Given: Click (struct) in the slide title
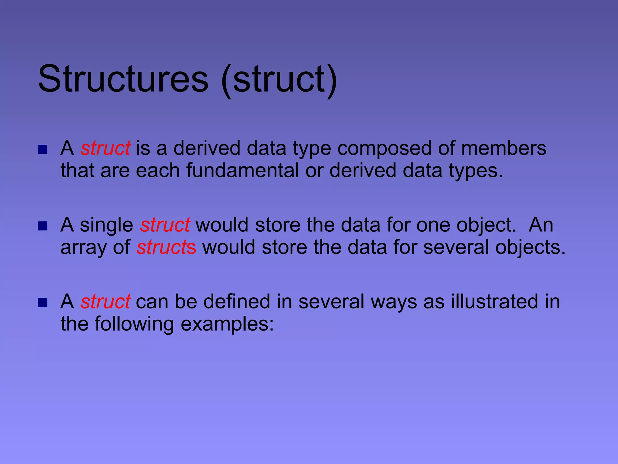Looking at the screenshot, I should coord(279,79).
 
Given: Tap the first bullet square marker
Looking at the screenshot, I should coord(43,150).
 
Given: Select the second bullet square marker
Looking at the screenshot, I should coord(43,226).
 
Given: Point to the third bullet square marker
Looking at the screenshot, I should coord(43,303).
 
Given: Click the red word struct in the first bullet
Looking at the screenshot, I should coord(105,148).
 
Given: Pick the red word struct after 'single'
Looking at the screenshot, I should coord(165,225).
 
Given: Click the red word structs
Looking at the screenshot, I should coord(166,247).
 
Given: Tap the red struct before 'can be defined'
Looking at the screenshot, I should coord(105,301).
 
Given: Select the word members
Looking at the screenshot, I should coord(504,148).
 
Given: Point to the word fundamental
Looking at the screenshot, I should coord(242,170).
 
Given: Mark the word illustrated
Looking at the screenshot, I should coord(495,301).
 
